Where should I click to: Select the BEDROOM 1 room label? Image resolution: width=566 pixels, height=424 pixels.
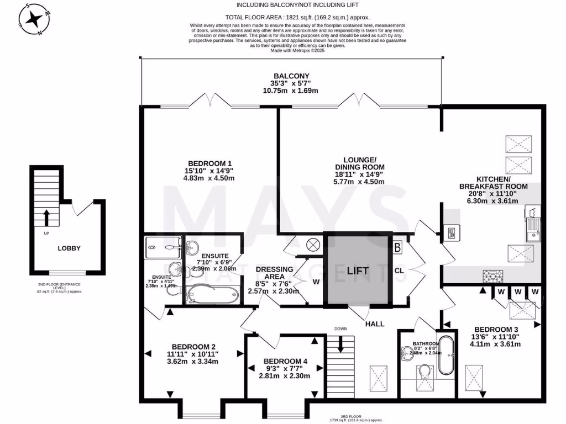click(209, 163)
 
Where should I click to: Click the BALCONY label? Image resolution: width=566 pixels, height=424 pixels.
click(291, 76)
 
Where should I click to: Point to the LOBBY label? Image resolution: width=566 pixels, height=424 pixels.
click(69, 248)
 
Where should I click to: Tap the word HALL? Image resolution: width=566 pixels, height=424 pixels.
click(375, 324)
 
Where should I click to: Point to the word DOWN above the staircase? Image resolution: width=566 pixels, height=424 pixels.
click(340, 329)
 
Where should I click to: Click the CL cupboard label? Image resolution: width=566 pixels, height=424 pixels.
click(399, 271)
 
